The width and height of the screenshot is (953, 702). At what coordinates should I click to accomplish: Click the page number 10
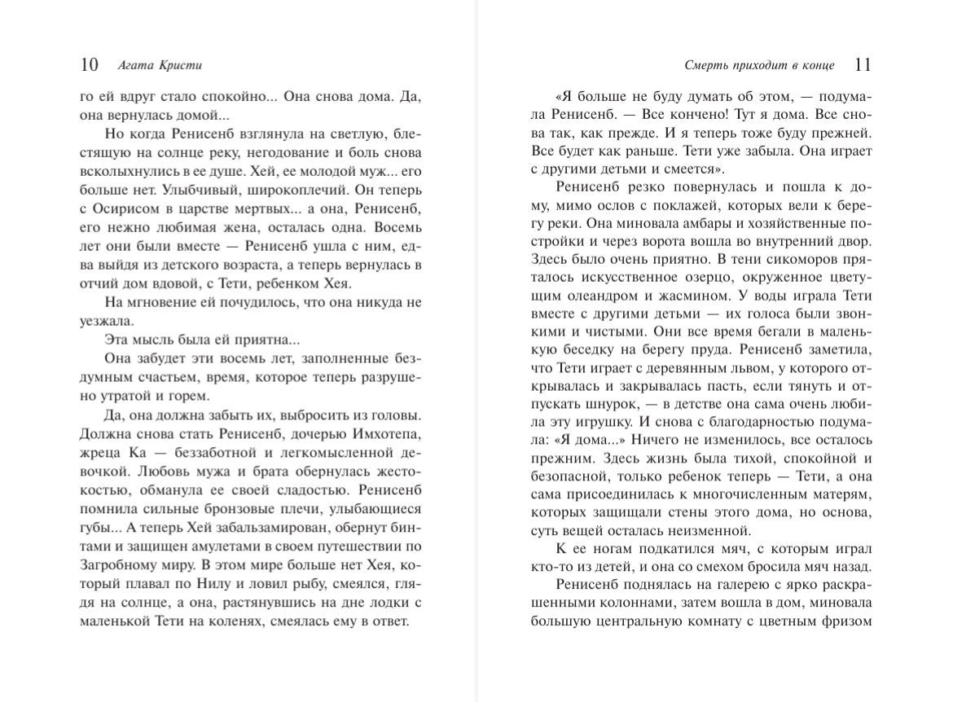(x=90, y=64)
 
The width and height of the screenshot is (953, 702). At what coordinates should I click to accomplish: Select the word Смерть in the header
(x=700, y=65)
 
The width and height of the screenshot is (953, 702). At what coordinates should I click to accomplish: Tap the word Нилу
(x=215, y=584)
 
